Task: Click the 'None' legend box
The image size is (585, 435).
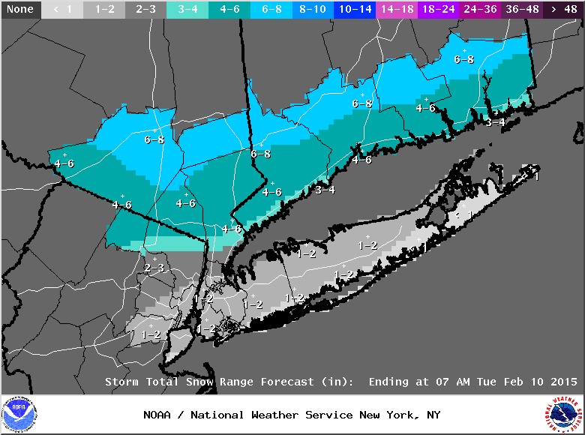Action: point(20,10)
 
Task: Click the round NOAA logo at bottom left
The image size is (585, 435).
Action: point(19,415)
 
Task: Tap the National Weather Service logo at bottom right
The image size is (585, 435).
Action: point(565,415)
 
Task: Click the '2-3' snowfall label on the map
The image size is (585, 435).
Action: point(154,268)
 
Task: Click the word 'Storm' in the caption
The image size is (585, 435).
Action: point(121,382)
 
